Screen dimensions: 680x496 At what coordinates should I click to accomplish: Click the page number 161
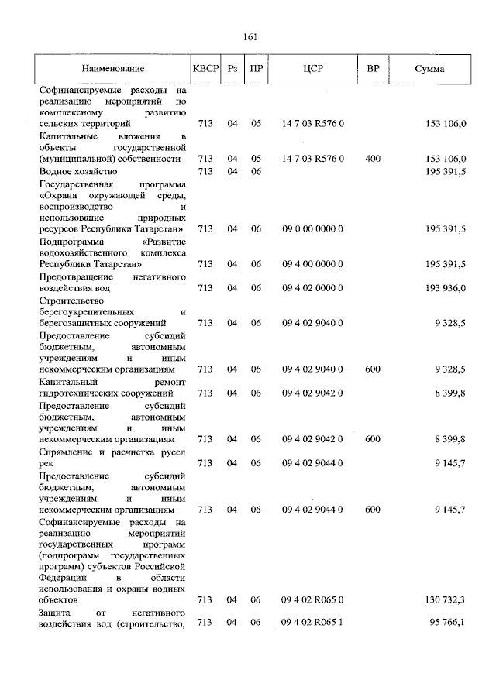(x=250, y=37)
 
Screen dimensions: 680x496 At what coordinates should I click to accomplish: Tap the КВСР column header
(x=205, y=69)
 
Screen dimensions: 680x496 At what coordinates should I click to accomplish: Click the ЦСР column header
(x=313, y=69)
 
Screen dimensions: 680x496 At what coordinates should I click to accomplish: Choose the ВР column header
(x=373, y=69)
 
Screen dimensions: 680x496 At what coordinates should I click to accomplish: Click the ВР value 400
(x=373, y=159)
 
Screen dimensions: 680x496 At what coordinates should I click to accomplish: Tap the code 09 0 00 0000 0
(x=312, y=229)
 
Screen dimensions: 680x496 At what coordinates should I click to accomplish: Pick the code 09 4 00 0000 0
(x=312, y=264)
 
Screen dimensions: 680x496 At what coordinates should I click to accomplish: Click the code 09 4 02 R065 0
(x=312, y=599)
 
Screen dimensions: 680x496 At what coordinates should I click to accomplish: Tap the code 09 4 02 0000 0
(x=312, y=288)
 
